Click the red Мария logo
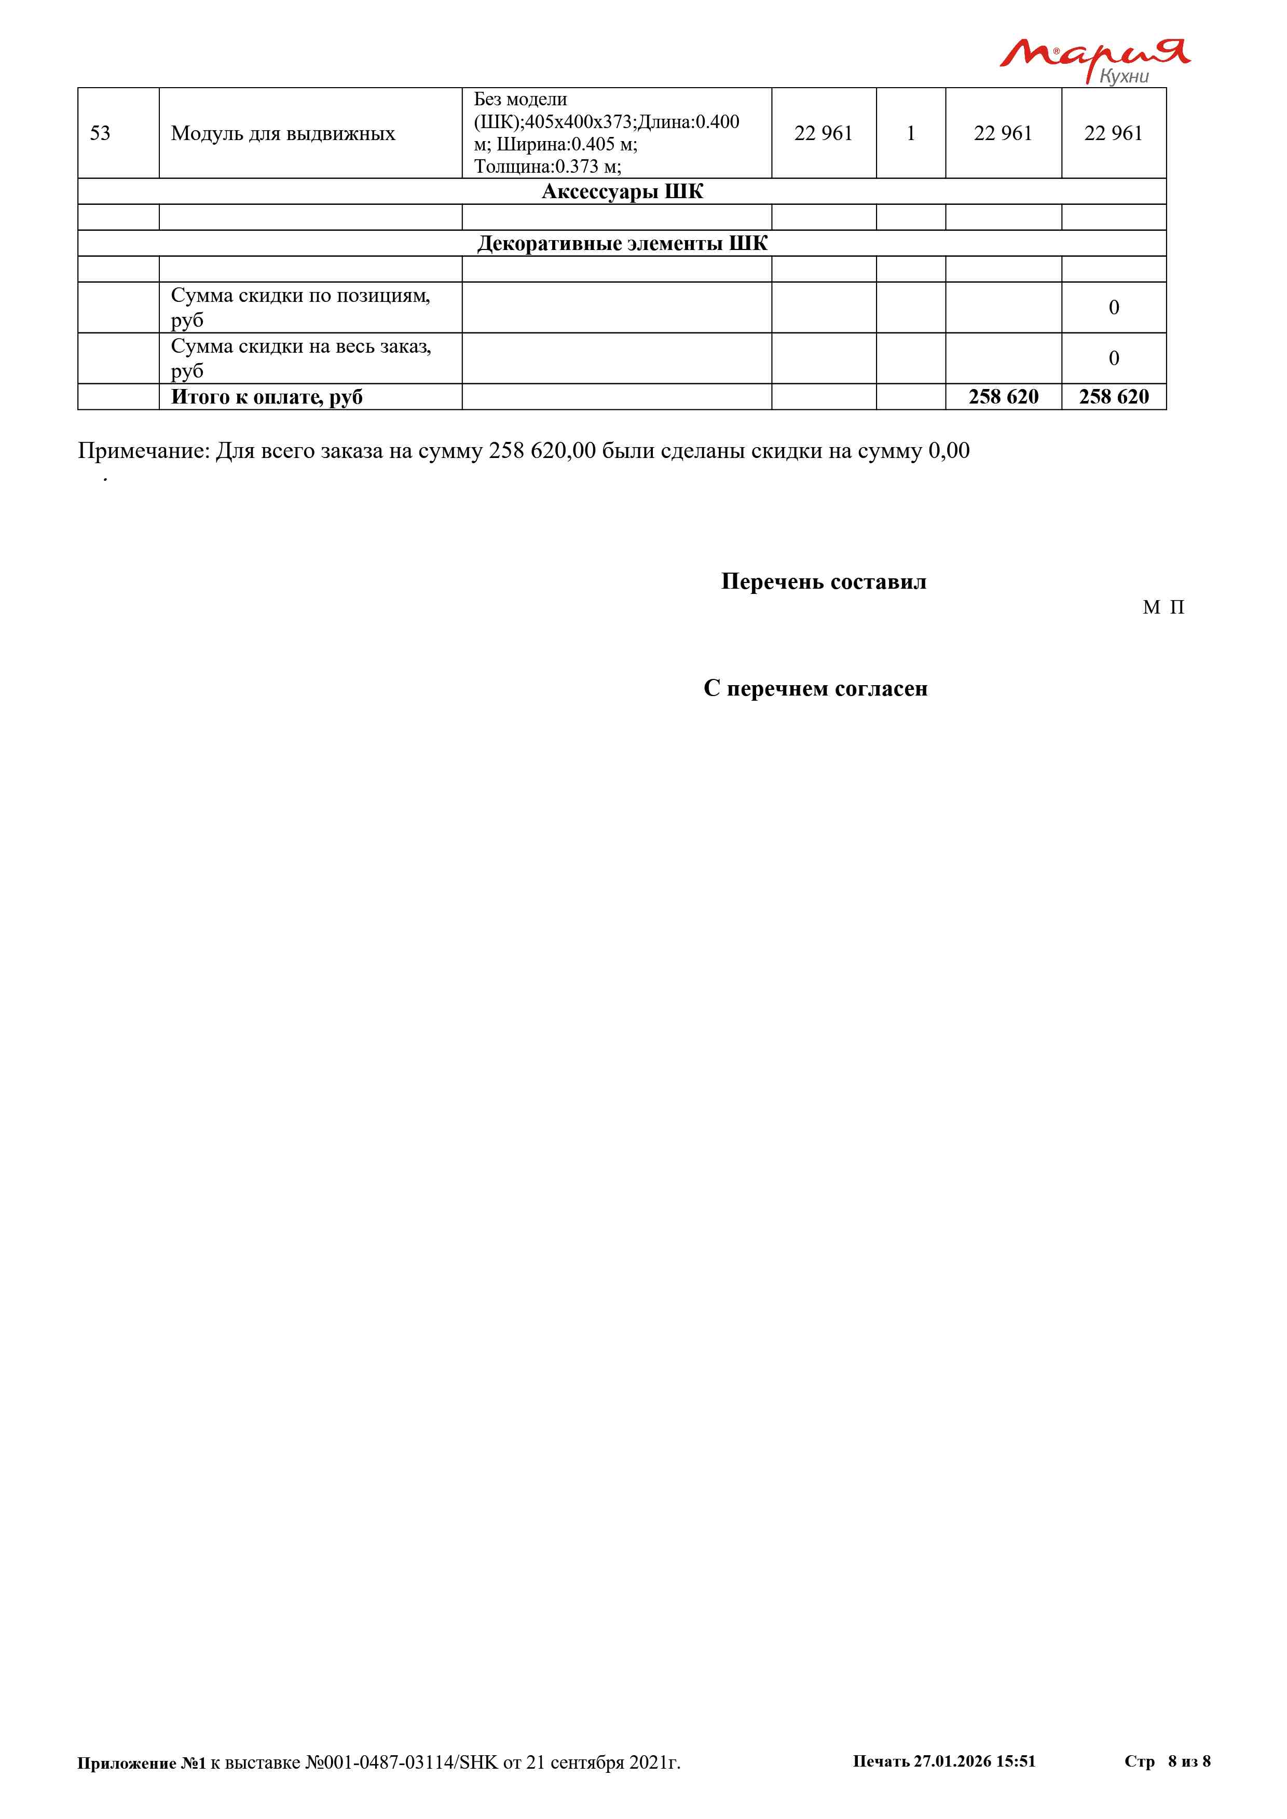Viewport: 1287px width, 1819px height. click(x=1093, y=54)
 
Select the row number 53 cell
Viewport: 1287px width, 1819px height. click(x=101, y=133)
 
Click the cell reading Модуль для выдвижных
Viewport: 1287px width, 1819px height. click(x=283, y=133)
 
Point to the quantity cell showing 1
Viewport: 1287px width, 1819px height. click(x=911, y=133)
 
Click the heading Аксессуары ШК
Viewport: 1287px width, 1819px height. click(x=622, y=192)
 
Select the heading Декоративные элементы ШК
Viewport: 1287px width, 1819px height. click(x=622, y=243)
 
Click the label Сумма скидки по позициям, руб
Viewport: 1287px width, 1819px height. click(x=300, y=308)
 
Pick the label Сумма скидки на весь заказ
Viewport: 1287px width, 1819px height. click(x=300, y=358)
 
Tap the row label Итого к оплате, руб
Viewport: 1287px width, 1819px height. click(x=267, y=397)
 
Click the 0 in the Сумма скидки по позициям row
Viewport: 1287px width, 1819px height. click(x=1114, y=308)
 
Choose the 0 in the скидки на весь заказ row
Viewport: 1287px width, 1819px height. click(x=1114, y=358)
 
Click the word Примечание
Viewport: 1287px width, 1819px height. click(x=143, y=451)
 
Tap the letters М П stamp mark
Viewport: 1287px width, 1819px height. click(x=1163, y=608)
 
